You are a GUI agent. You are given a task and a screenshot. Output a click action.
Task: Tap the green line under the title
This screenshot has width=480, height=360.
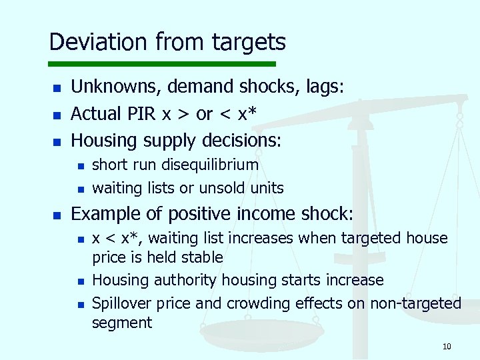(x=163, y=65)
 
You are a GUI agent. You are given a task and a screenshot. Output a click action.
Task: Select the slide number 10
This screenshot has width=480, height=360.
(x=446, y=346)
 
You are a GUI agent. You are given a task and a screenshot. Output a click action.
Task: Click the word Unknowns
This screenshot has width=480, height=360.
(x=115, y=87)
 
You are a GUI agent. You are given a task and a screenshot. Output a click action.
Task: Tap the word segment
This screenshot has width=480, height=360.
(x=122, y=323)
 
